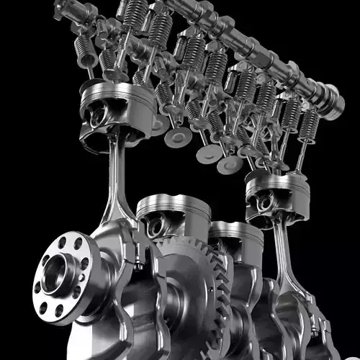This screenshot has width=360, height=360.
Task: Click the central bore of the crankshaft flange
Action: click(x=56, y=274)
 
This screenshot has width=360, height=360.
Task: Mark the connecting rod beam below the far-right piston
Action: click(x=282, y=252)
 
